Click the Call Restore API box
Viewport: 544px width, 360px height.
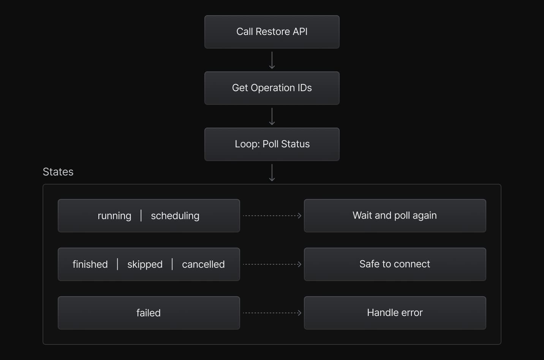(272, 32)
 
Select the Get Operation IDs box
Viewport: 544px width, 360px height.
(272, 88)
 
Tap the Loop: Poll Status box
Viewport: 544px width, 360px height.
(272, 144)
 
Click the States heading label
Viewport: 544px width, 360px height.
(58, 172)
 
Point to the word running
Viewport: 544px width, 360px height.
(114, 216)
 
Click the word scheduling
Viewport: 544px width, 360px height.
(175, 216)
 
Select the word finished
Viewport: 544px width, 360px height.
(90, 264)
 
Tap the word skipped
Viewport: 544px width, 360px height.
(145, 264)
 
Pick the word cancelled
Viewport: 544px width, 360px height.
(203, 264)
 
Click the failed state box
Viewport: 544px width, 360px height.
(149, 313)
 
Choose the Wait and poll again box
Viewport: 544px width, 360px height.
(395, 216)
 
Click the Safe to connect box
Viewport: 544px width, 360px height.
(395, 264)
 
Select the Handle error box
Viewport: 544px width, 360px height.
(395, 313)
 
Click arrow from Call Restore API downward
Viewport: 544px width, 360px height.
(272, 60)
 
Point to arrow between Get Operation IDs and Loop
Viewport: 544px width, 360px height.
(272, 116)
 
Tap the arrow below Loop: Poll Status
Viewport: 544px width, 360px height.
(272, 172)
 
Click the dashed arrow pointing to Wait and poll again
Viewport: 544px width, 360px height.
(272, 216)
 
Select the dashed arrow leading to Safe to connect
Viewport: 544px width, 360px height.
(272, 264)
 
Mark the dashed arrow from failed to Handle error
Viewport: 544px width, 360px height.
(272, 313)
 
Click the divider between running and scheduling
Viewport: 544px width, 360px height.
(141, 215)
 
